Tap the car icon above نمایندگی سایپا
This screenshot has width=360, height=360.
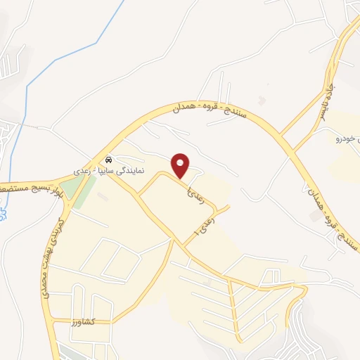108,160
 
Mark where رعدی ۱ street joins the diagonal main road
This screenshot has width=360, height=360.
185,245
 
